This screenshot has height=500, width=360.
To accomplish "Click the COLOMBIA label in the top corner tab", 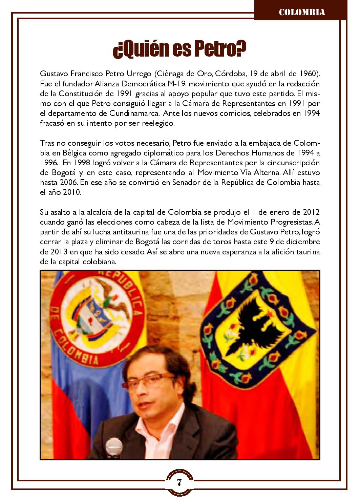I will pos(302,12).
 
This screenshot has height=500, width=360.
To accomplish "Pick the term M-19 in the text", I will pos(177,83).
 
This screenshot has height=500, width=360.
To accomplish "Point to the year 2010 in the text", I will pos(71,192).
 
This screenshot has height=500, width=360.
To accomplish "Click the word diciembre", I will pos(301,242).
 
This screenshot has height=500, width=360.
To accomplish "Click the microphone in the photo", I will pos(114,448).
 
